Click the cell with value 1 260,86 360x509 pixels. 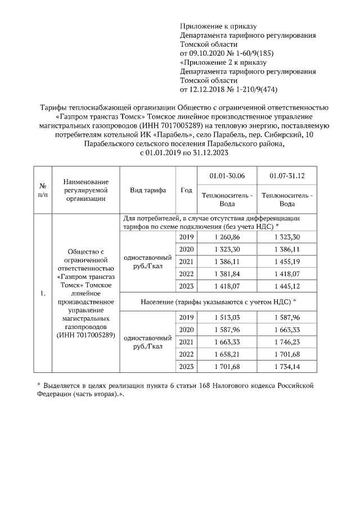[x=227, y=237]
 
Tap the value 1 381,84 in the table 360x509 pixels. [x=227, y=274]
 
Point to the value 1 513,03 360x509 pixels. [x=227, y=318]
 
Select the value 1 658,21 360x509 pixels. [x=227, y=354]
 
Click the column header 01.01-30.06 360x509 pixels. [x=227, y=176]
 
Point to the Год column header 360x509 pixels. [x=186, y=190]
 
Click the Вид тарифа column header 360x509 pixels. [x=148, y=190]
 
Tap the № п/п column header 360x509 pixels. [x=42, y=190]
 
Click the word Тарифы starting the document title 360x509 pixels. [x=54, y=107]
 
